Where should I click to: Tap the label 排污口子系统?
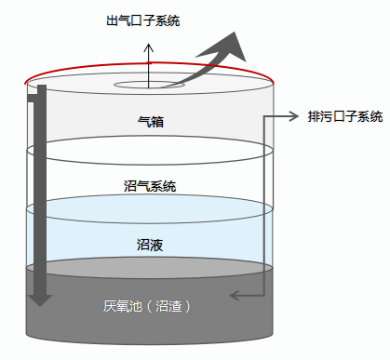click(x=344, y=116)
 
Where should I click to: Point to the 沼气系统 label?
click(x=150, y=186)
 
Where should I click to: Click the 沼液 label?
click(x=150, y=245)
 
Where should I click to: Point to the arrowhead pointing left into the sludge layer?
click(x=235, y=296)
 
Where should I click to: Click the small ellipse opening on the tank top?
click(x=150, y=86)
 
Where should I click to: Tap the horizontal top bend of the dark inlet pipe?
click(x=35, y=89)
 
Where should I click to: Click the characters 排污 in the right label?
click(x=320, y=116)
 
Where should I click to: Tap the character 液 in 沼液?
click(x=156, y=245)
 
